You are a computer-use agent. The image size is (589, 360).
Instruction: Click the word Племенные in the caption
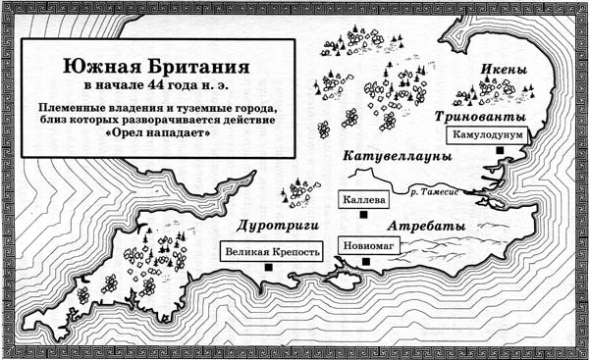(80, 106)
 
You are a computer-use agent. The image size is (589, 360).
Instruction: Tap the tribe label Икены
(505, 71)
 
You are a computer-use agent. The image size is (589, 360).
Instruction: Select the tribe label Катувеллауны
(397, 157)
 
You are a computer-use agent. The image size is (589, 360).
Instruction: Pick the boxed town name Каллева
(362, 199)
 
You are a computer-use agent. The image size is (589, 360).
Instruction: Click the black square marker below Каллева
(364, 215)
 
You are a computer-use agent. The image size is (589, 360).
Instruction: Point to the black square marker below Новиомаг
(367, 261)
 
